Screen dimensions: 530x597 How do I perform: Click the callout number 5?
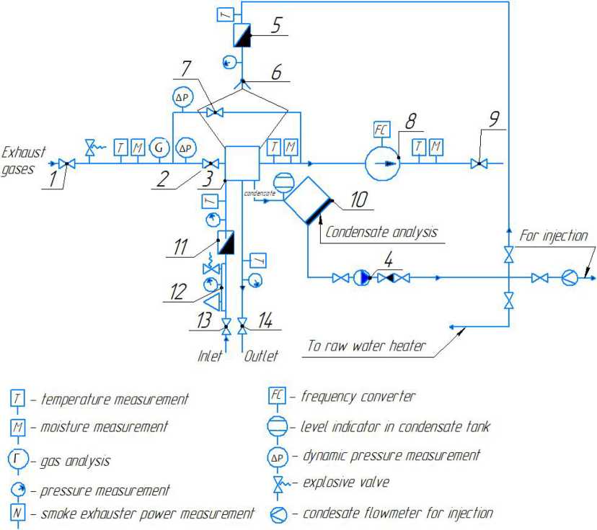click(277, 24)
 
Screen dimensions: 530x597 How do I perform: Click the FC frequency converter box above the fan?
click(381, 130)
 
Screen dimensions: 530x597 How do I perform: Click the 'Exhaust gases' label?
click(23, 159)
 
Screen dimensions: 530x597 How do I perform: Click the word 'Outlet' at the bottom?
click(260, 356)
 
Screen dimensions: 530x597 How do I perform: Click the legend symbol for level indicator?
click(278, 426)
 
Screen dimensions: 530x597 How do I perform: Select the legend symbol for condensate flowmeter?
click(278, 514)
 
